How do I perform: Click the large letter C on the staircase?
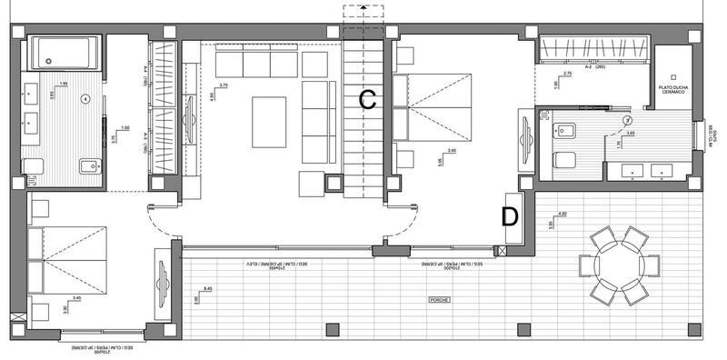367,100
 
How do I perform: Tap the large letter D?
510,216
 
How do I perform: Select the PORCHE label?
440,299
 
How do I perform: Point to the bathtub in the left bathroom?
63,53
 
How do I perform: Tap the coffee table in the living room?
268,122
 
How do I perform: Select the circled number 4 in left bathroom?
85,97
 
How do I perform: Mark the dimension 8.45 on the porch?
208,289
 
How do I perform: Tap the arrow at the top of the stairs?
363,9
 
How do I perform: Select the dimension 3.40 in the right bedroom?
451,152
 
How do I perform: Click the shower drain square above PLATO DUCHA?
673,76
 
